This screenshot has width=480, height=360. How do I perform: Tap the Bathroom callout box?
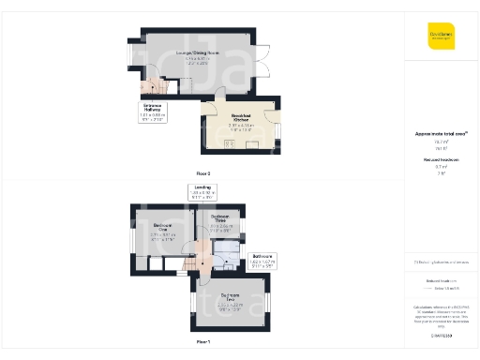tap(262, 260)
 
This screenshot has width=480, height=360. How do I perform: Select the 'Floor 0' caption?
tap(202, 174)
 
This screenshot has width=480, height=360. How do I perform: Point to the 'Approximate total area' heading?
tap(441, 134)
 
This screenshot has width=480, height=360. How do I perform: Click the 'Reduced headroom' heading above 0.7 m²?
tap(441, 160)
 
